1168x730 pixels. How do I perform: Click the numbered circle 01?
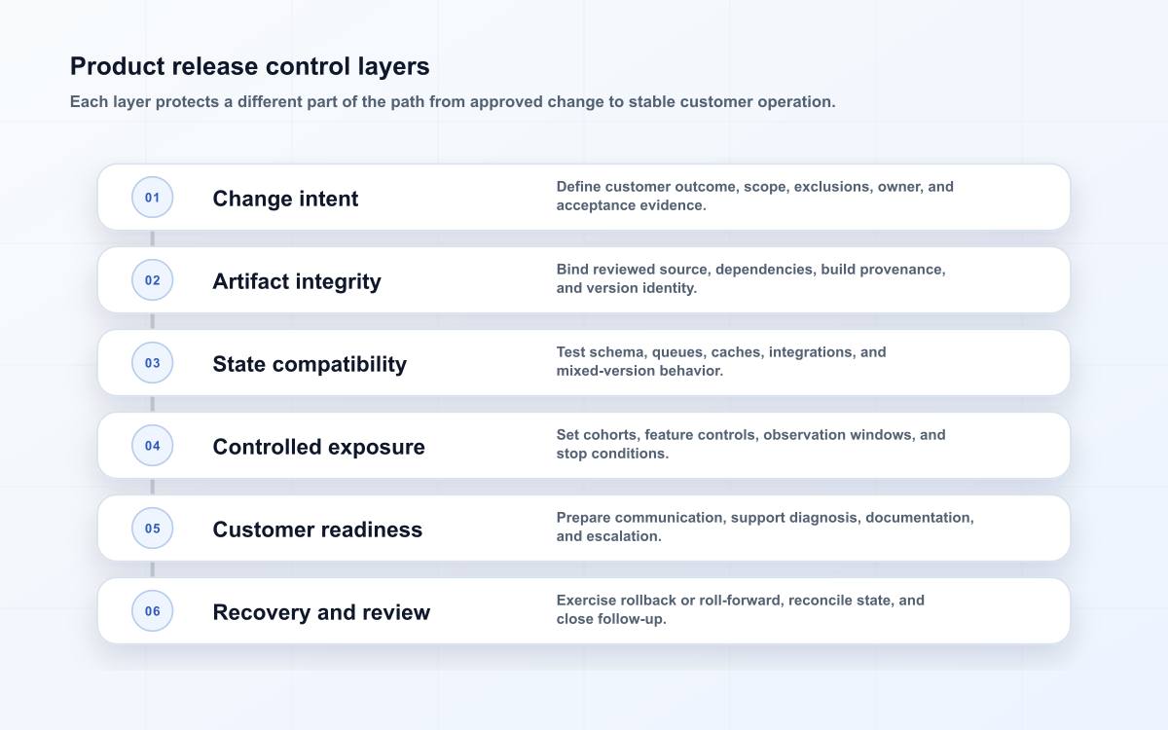(152, 197)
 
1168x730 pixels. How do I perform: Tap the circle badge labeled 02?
(152, 280)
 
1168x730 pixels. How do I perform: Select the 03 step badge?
(152, 362)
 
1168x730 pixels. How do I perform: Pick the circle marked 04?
(152, 446)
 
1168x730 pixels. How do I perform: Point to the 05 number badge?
(152, 529)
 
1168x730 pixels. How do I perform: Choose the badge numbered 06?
(152, 610)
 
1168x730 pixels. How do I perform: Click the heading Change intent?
(285, 199)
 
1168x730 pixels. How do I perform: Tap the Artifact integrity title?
(297, 281)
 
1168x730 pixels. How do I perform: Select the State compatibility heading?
(310, 364)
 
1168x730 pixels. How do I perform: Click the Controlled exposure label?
(318, 447)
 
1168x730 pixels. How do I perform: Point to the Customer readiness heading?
(317, 529)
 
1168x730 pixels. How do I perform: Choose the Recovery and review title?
(321, 612)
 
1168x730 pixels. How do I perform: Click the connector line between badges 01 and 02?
(152, 238)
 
